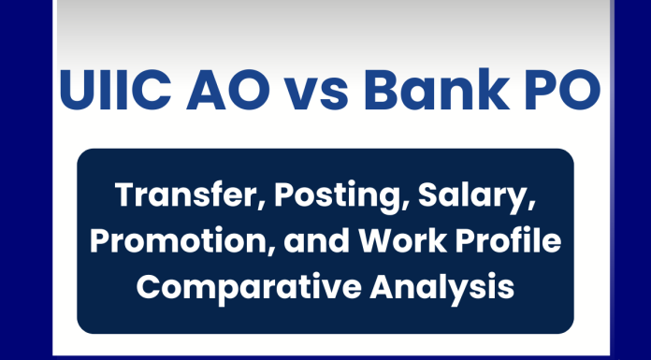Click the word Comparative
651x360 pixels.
click(239, 286)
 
